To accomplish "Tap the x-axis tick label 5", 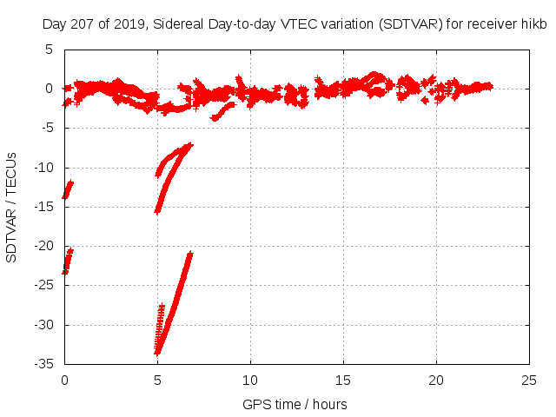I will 157,381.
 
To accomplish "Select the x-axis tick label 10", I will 250,381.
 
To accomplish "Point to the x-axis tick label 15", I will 343,381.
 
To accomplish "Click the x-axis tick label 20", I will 436,381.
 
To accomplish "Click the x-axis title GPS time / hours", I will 295,404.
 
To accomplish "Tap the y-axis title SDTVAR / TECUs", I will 12,207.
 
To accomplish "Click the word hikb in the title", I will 533,24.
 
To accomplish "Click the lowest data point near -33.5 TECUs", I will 157,353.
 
